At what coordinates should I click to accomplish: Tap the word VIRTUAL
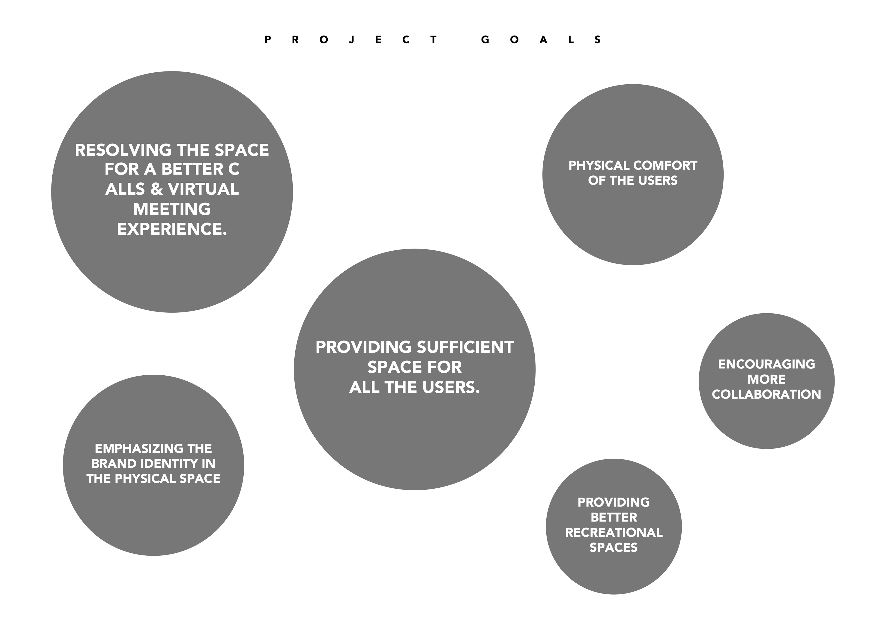[203, 189]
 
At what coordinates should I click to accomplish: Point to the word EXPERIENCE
[172, 229]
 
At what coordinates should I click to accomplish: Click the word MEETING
[172, 209]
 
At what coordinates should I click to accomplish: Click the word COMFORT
[665, 166]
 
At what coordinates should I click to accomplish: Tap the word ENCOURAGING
[766, 364]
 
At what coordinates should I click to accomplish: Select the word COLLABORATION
[766, 394]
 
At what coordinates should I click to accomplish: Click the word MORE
[766, 379]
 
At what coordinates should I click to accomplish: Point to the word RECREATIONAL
[614, 532]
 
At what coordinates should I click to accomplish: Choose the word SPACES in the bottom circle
[614, 547]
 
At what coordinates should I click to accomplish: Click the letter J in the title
[351, 40]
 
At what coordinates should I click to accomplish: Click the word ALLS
[124, 189]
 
